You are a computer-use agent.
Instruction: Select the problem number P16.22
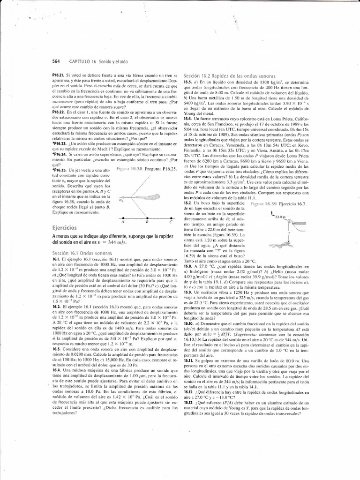(60, 112)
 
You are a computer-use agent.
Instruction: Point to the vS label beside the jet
(120, 199)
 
